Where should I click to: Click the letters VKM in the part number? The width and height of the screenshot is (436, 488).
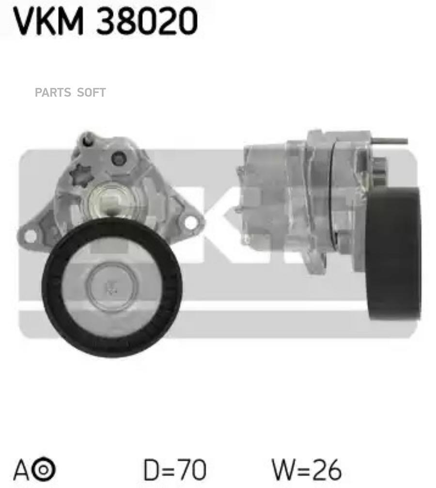(x=49, y=21)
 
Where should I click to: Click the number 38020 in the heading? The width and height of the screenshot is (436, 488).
(x=147, y=21)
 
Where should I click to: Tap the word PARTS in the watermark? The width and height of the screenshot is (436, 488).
(x=53, y=93)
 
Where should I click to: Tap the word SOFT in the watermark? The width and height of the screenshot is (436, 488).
(x=92, y=93)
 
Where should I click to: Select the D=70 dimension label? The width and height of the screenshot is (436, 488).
(x=175, y=470)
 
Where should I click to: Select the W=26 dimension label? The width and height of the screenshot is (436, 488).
(x=307, y=470)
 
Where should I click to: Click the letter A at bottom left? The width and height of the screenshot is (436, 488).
(x=21, y=470)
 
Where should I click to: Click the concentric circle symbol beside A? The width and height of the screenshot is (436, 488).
(x=44, y=470)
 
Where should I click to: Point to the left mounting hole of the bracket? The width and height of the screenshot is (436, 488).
(x=30, y=236)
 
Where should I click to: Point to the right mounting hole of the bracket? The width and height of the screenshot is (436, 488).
(x=190, y=222)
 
